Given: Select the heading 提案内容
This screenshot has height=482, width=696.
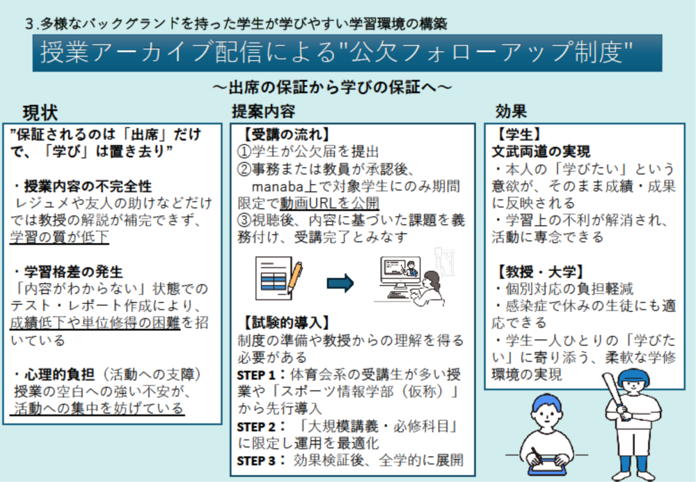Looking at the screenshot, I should click(x=263, y=111).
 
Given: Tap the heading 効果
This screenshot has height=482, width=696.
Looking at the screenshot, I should click(x=511, y=111).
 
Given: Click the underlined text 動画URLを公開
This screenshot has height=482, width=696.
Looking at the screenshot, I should click(x=330, y=203).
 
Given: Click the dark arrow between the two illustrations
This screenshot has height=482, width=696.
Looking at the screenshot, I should click(x=340, y=283).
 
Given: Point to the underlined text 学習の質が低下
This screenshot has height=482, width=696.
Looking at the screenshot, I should click(x=59, y=238).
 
